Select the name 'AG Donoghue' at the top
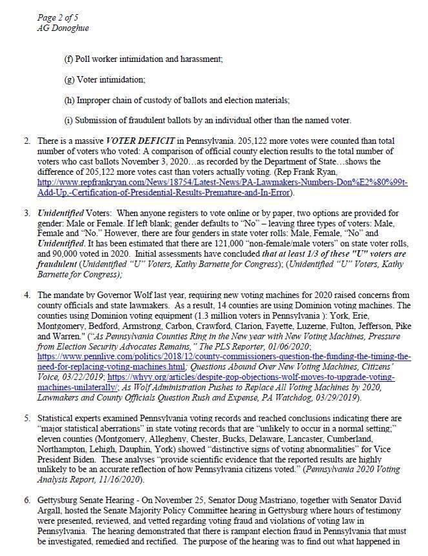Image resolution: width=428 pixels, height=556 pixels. [63, 28]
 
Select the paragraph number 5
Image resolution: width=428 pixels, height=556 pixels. [26, 419]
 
